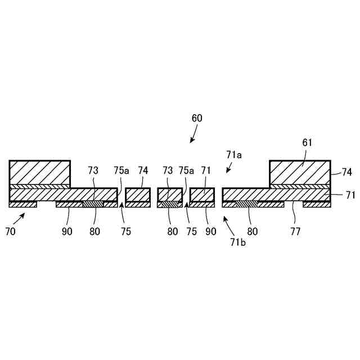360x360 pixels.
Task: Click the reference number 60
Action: [197, 118]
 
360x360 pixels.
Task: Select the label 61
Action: [307, 143]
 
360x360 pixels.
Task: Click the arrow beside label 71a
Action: [229, 168]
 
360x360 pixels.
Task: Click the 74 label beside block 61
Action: [346, 172]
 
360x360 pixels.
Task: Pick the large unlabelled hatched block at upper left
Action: [39, 172]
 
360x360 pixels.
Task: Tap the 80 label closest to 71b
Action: [252, 231]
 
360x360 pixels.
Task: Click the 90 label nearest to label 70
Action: [67, 231]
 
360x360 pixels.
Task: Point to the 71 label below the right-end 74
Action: [350, 195]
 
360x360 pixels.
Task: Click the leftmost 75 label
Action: [125, 231]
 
